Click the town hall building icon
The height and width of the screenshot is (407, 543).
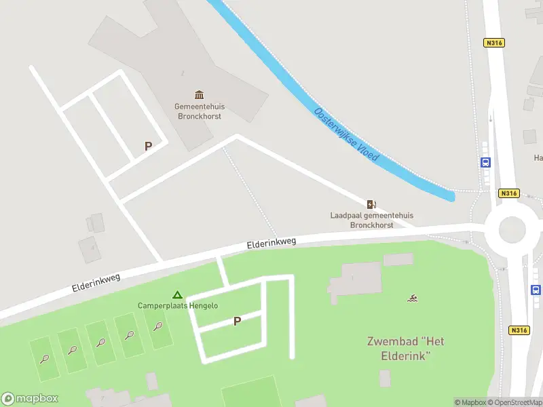[x=200, y=94]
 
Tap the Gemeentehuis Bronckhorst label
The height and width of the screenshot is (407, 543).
[x=200, y=111]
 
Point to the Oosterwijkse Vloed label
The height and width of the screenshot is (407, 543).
[x=346, y=134]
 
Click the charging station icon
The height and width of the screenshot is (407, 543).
[x=371, y=203]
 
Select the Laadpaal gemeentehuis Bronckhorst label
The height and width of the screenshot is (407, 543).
[x=371, y=220]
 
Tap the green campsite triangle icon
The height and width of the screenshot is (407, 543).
[x=177, y=295]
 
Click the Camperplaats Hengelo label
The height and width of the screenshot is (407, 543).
[x=178, y=306]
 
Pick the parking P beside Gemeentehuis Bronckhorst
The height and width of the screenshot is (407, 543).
[x=148, y=146]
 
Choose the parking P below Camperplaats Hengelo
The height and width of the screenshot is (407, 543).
[x=237, y=322]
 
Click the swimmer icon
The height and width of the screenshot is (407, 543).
[x=412, y=298]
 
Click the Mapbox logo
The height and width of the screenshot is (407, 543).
[x=30, y=399]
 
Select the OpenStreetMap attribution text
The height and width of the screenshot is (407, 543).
[x=514, y=403]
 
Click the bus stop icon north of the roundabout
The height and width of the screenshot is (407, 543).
[x=486, y=163]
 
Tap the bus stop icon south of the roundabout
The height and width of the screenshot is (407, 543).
[x=536, y=290]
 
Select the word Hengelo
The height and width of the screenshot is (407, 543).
[x=203, y=306]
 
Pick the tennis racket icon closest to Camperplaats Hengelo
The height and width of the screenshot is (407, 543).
[x=157, y=326]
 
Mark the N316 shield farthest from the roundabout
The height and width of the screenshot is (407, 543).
[x=493, y=42]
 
